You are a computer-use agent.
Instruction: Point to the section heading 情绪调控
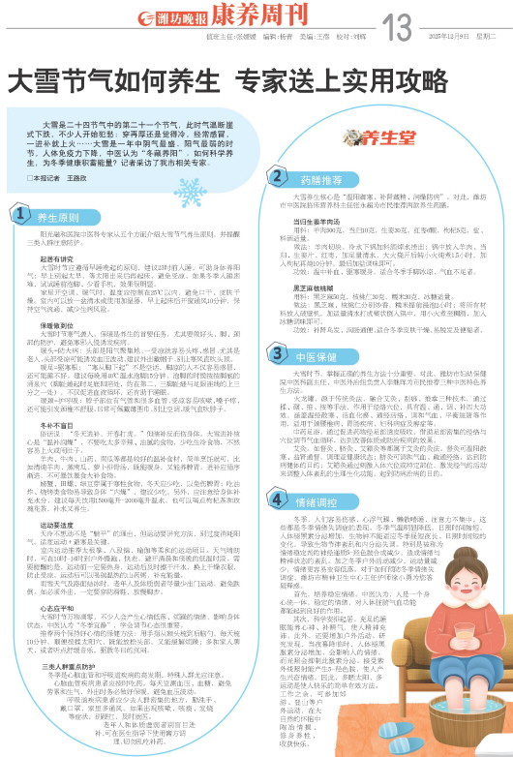[x=308, y=505]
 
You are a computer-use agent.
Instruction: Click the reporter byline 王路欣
[x=77, y=179]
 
